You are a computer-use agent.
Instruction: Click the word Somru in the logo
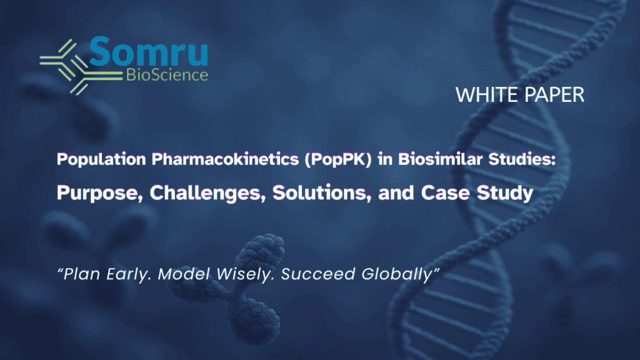149,51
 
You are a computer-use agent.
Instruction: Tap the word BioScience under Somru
167,75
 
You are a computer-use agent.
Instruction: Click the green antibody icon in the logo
81,67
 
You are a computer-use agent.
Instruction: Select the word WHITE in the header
487,95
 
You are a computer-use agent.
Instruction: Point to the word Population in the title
101,159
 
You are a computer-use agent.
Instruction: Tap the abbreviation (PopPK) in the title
338,159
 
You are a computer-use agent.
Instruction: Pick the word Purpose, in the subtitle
100,193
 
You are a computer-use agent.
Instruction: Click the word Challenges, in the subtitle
207,193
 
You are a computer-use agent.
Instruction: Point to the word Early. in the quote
129,274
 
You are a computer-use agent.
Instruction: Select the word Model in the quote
184,274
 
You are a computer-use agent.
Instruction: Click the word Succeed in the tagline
318,274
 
